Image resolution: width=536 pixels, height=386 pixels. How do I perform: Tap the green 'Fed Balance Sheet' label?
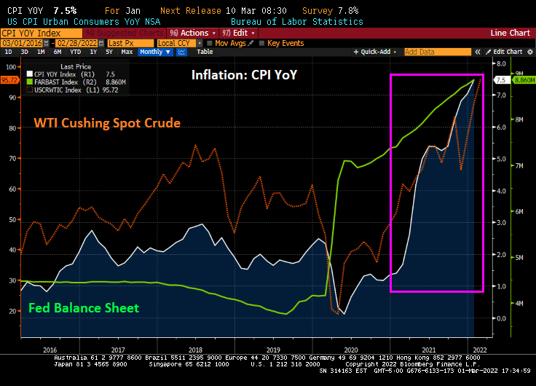[84, 308]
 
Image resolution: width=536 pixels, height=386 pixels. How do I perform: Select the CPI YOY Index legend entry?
[59, 74]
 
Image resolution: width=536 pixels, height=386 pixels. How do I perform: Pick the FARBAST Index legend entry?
[58, 82]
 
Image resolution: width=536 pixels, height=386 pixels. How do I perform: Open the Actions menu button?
[193, 33]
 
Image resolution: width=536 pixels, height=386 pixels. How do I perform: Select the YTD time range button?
[75, 52]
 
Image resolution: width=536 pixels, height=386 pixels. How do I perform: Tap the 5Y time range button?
[109, 52]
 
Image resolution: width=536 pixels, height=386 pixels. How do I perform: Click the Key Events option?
[285, 43]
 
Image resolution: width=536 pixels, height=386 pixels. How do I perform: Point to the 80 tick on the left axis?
[10, 127]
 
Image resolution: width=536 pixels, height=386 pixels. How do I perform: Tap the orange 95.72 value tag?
[9, 79]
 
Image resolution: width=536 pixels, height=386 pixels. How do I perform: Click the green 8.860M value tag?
[524, 80]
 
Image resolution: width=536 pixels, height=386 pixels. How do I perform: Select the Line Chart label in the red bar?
[510, 33]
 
